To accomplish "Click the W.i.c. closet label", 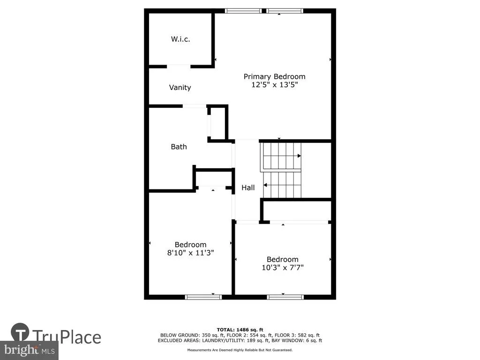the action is (180, 39).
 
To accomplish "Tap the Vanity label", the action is (180, 88).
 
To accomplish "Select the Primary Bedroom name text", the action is (274, 76).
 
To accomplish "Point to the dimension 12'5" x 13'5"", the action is (275, 85).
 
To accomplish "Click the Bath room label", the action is (179, 147).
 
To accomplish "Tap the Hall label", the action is (248, 187).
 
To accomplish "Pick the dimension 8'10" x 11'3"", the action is (190, 253).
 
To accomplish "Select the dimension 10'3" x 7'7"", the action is (283, 268).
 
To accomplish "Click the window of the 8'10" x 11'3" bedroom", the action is (203, 297).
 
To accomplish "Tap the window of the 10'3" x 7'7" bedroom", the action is (285, 297).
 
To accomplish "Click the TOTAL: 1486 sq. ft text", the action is (240, 330).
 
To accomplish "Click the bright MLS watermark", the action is (30, 350).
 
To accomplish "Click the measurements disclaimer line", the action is (240, 350).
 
